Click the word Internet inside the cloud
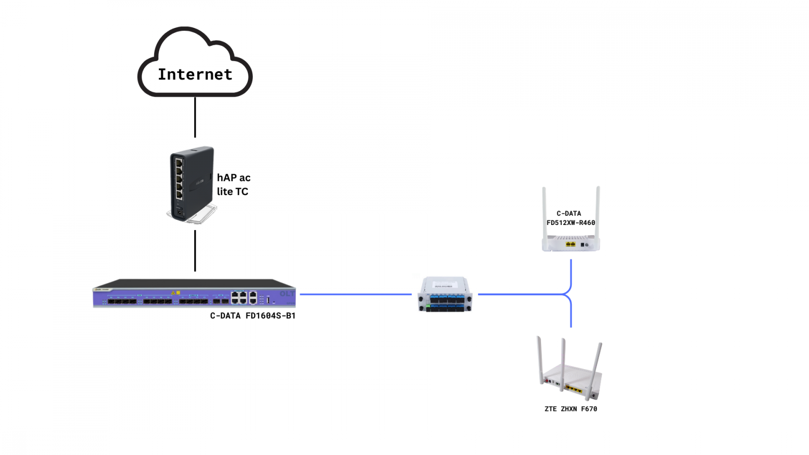[x=195, y=74]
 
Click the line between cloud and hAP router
[x=195, y=117]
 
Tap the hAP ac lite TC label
[x=233, y=185]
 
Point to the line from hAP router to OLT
[x=195, y=251]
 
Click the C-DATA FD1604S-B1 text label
[x=253, y=315]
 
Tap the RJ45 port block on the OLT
[x=244, y=297]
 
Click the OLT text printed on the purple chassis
[x=287, y=294]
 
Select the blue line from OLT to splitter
[x=355, y=294]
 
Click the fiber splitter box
[x=445, y=294]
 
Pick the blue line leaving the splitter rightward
[x=521, y=294]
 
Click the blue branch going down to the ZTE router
[x=571, y=313]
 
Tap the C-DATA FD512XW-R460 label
[x=570, y=218]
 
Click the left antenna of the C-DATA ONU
[x=545, y=212]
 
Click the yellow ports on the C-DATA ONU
[x=570, y=244]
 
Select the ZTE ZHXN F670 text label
[x=570, y=409]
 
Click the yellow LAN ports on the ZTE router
[x=574, y=389]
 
